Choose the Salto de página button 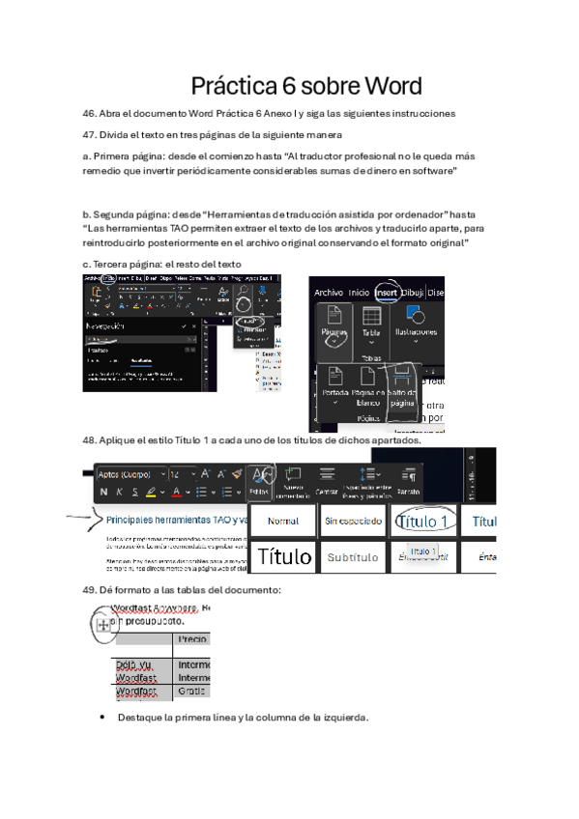[x=403, y=386]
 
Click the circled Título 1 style [x=422, y=521]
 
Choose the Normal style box [x=283, y=521]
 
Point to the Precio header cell [x=192, y=638]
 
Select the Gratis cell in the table [x=190, y=692]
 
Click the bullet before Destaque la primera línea [x=103, y=718]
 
